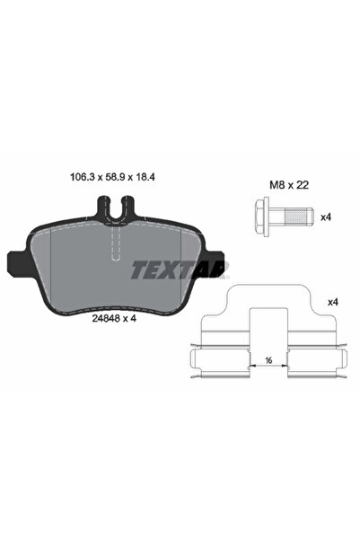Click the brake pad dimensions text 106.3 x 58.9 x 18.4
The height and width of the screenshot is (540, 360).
tap(112, 177)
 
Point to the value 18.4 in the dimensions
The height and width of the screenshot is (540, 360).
tap(145, 177)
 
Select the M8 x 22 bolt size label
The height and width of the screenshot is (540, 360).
tap(289, 185)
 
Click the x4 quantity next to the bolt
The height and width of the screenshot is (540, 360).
tap(326, 217)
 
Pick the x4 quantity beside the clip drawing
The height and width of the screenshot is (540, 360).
tap(333, 303)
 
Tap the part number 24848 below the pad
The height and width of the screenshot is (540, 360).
tap(105, 319)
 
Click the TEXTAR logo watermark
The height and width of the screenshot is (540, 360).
tap(180, 270)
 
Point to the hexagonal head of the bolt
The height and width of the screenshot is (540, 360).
tap(262, 216)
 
